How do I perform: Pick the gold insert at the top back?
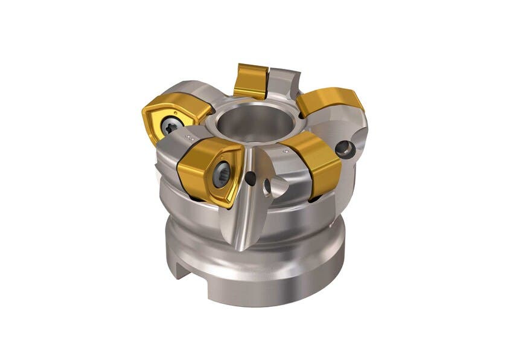point(251,80)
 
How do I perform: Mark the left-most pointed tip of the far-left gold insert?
point(144,112)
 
